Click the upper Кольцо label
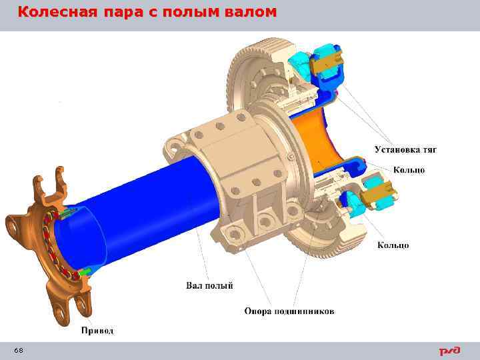409,170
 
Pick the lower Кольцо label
393,245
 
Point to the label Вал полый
209,286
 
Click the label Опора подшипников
289,311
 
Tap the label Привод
97,330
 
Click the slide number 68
18,351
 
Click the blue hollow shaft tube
147,200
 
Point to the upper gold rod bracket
329,62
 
